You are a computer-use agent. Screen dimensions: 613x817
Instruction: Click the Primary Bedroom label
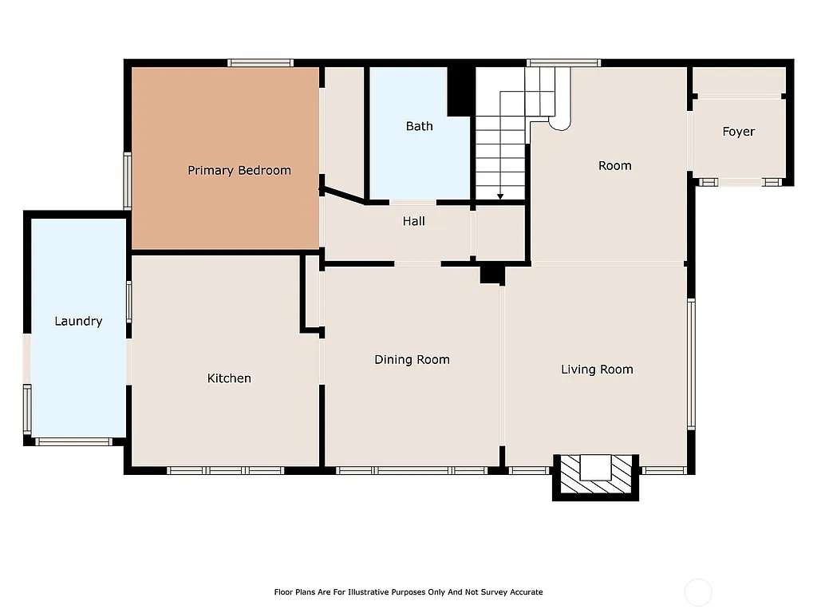tap(239, 170)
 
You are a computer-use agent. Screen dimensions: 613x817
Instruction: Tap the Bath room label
tap(419, 126)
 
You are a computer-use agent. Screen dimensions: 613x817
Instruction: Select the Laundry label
tap(78, 321)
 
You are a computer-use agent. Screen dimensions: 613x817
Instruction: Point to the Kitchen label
tap(229, 378)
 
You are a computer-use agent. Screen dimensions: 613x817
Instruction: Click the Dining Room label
tap(412, 360)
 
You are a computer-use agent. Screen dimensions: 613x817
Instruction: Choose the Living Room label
tap(597, 369)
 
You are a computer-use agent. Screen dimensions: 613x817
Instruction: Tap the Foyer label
tap(738, 132)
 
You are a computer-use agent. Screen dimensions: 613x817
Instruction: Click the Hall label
tap(413, 221)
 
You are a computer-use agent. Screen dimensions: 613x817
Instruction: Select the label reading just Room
tap(614, 165)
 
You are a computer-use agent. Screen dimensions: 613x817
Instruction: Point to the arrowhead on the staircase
tap(500, 196)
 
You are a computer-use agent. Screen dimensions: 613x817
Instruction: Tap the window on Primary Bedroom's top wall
tap(260, 63)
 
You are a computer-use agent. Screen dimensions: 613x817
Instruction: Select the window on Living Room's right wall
tap(691, 364)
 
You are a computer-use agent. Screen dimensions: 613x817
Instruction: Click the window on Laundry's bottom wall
tap(73, 441)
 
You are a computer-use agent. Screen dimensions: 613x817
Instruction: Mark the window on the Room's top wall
tap(563, 63)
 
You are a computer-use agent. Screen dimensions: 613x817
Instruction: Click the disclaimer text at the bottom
tap(408, 592)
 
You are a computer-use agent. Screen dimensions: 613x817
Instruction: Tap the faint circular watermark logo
tap(698, 592)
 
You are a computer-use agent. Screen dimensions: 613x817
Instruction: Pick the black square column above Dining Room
tap(491, 274)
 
